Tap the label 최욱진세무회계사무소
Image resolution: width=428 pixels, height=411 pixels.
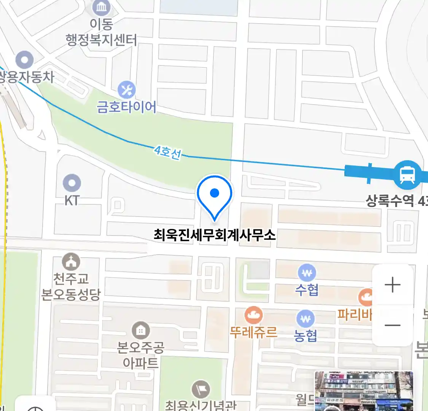215,234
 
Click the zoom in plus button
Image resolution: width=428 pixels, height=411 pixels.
392,285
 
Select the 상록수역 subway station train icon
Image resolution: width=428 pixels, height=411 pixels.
407,175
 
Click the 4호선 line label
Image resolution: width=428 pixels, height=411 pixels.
168,152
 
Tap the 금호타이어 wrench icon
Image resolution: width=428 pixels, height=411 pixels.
127,90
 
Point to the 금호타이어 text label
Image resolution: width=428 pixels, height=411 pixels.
127,107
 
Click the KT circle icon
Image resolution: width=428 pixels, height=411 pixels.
72,183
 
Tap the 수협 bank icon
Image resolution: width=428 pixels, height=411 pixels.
307,273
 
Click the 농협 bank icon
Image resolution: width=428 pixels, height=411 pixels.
305,319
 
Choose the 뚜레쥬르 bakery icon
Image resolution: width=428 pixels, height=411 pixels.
253,315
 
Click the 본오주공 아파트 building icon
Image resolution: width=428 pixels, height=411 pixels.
140,330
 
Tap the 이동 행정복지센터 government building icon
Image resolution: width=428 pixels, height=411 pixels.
101,7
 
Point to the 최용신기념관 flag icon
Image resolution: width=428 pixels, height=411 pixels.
200,389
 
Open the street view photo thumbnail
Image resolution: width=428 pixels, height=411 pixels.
364,391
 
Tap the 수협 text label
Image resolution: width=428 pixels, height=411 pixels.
307,290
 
